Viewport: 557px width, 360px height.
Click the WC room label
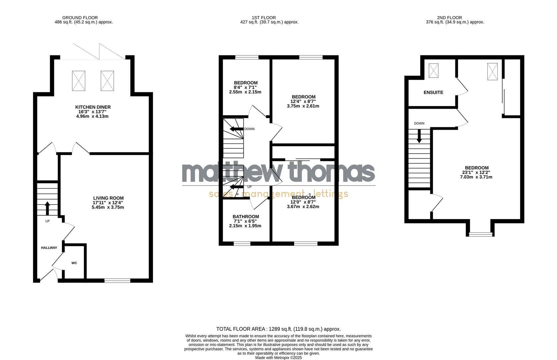(x=74, y=263)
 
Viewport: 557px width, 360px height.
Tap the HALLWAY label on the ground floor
(x=49, y=248)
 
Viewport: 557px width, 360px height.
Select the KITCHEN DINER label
(x=93, y=107)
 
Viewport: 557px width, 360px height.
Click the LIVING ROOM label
(x=108, y=198)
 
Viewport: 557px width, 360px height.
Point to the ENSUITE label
(x=433, y=92)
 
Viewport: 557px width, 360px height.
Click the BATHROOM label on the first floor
(x=246, y=217)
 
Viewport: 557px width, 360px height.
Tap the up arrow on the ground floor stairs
(x=47, y=208)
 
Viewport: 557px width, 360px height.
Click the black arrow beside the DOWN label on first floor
(x=236, y=129)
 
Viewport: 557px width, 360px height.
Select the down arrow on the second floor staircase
(x=419, y=136)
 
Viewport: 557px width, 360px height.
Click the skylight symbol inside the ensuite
(x=433, y=70)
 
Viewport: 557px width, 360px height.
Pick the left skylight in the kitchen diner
(x=79, y=80)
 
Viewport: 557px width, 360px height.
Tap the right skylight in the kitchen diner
(x=107, y=80)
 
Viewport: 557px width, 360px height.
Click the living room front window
(x=117, y=281)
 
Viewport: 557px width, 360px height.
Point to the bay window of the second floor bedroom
(x=480, y=234)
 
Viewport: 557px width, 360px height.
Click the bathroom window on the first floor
(x=242, y=244)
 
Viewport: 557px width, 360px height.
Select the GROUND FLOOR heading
(x=80, y=18)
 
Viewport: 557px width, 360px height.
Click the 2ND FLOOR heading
(x=449, y=18)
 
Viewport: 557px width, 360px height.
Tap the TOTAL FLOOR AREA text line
(x=278, y=329)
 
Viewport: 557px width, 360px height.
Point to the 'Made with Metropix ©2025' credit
(x=278, y=358)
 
